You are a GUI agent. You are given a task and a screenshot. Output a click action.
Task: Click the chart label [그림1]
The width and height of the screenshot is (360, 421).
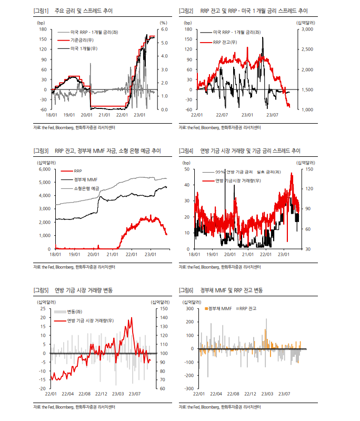(41, 11)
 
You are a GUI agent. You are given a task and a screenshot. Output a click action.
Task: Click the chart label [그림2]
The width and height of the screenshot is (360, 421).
(186, 11)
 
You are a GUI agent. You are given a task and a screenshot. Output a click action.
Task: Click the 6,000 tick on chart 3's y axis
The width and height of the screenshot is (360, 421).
(44, 169)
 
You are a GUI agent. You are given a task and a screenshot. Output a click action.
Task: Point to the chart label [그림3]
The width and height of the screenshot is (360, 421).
(41, 151)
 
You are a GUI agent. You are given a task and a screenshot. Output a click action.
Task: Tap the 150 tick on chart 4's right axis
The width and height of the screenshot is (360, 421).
(308, 169)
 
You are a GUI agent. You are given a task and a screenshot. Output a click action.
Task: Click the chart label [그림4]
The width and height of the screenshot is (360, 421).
(186, 151)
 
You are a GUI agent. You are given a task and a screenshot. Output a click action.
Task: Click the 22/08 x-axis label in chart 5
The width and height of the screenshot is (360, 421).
(84, 394)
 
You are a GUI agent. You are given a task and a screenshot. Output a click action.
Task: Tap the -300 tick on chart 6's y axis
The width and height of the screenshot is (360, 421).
(187, 388)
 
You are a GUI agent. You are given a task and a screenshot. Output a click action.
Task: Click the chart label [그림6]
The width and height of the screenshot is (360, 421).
(186, 290)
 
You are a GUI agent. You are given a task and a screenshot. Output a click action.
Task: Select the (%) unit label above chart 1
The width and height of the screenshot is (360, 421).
(163, 23)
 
